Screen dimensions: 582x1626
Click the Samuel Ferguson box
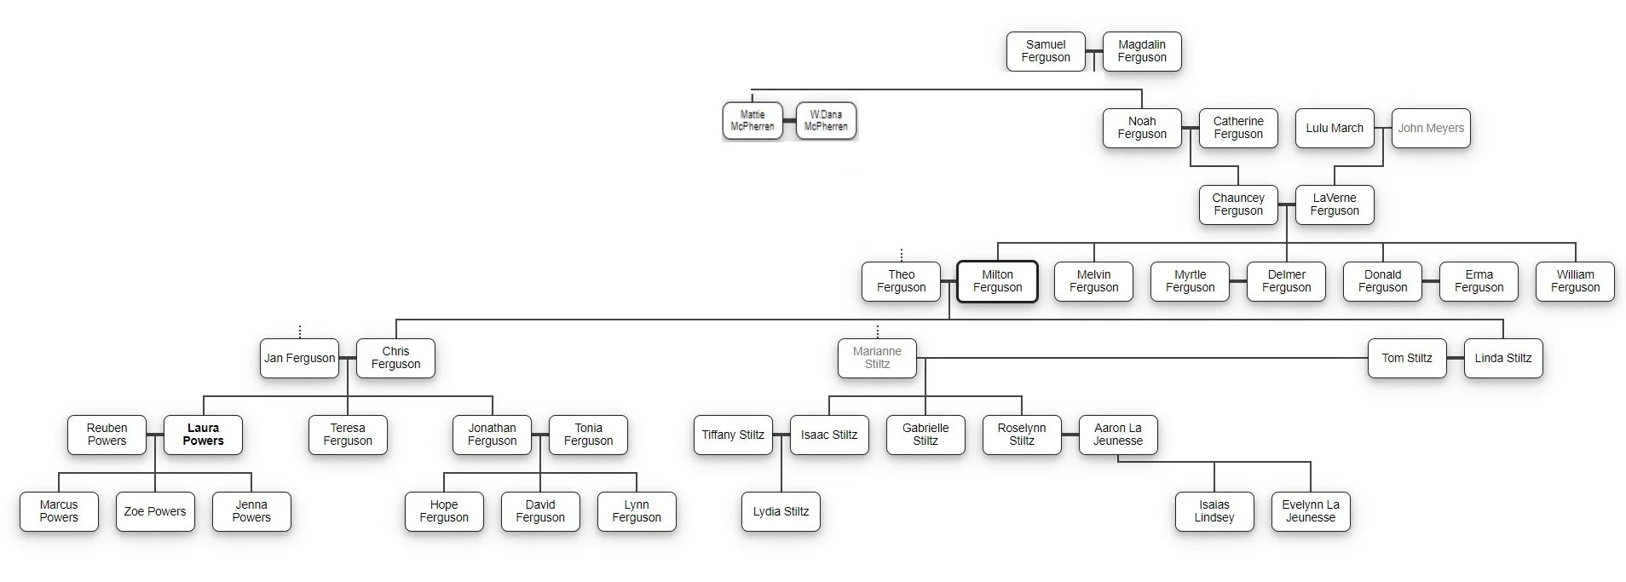pos(1046,51)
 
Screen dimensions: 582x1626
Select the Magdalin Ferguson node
pos(1142,51)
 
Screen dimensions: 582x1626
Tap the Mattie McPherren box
pos(752,121)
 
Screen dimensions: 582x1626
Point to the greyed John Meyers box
pos(1431,128)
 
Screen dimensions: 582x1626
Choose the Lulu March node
pos(1335,128)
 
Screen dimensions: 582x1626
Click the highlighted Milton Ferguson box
pos(997,281)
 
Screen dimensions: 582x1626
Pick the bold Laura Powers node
pos(203,435)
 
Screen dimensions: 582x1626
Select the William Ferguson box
pos(1575,281)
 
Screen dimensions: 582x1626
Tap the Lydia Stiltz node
pos(781,511)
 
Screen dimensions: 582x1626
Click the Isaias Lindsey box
pos(1214,511)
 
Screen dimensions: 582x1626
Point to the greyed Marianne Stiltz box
pos(877,358)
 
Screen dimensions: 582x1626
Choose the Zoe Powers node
pos(155,511)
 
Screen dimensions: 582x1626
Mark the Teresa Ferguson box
pos(348,435)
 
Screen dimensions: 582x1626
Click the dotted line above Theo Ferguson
pos(902,254)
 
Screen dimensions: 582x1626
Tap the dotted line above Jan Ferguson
pos(300,331)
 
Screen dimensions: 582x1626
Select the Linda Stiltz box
pos(1503,358)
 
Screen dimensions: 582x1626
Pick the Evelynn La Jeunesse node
pos(1311,511)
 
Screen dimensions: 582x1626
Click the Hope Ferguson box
pos(444,511)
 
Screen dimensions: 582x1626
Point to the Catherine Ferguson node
pos(1238,128)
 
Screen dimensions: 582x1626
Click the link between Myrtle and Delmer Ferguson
pos(1238,281)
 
